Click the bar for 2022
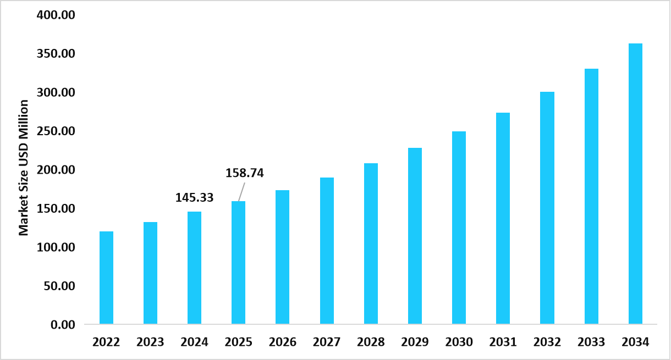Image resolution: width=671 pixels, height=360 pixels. [x=106, y=278]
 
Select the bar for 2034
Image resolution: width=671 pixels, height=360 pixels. [x=635, y=184]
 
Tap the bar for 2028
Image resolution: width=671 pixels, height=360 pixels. [x=371, y=243]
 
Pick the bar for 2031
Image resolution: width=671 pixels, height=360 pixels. [x=503, y=218]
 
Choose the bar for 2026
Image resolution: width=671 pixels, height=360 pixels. [x=283, y=257]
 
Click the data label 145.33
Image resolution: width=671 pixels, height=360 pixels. [x=194, y=197]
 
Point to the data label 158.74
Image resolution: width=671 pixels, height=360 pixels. [x=245, y=173]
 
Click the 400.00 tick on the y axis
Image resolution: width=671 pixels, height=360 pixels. [x=56, y=15]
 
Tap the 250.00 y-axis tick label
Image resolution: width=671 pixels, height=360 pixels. [x=56, y=131]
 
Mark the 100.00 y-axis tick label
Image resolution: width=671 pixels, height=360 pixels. [x=56, y=247]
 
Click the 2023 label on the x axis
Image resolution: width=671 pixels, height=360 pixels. [x=150, y=342]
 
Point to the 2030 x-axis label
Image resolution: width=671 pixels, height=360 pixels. [x=459, y=342]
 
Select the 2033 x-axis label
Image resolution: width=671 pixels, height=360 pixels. [x=591, y=342]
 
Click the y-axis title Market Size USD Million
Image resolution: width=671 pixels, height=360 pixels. [x=24, y=168]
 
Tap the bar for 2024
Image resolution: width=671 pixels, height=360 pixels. [x=194, y=268]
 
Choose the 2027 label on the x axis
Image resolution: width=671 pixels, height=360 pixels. [x=327, y=342]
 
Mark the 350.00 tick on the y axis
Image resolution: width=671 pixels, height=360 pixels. [x=56, y=54]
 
